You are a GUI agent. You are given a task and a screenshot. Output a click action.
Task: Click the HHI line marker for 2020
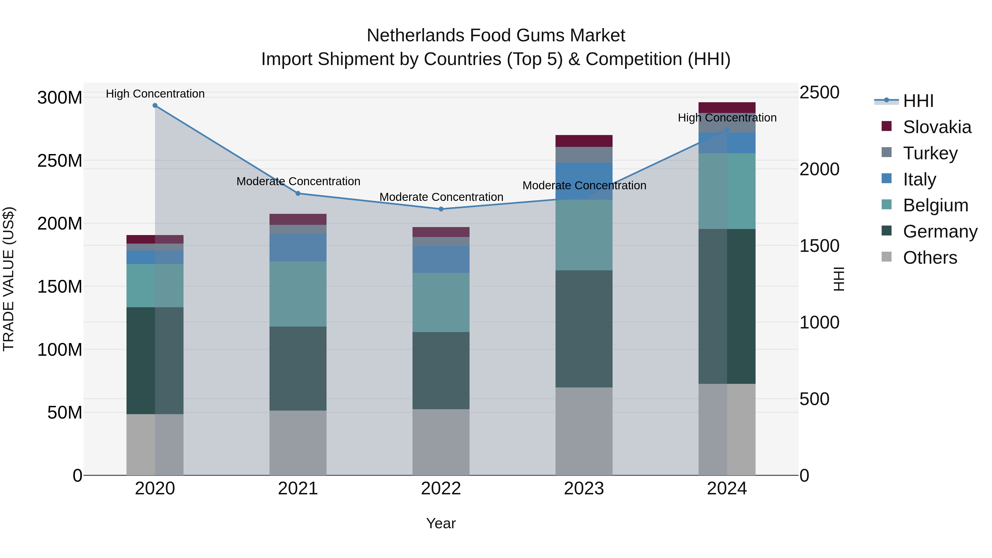(155, 106)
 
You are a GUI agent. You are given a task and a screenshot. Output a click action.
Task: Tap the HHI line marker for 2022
(441, 209)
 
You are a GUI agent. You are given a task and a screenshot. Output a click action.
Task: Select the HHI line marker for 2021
(298, 194)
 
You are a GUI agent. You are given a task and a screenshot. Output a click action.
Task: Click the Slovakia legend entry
(937, 127)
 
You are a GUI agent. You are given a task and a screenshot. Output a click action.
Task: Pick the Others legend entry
(930, 258)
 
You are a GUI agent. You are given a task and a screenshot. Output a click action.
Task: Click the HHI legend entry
(918, 101)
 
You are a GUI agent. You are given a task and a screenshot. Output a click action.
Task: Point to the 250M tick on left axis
(60, 161)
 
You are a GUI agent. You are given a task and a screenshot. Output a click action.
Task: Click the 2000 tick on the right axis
(819, 169)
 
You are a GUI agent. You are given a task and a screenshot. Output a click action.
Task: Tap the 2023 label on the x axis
(584, 489)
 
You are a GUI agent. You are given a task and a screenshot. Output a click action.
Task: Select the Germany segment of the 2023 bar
(584, 328)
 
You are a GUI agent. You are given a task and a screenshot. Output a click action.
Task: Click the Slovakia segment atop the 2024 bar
(727, 107)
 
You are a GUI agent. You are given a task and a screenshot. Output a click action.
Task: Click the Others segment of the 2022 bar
(441, 442)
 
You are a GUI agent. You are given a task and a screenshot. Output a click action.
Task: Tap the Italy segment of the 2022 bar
(441, 259)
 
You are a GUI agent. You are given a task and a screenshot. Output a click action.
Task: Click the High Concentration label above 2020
(155, 94)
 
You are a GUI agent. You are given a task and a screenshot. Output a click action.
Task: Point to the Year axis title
(441, 523)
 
